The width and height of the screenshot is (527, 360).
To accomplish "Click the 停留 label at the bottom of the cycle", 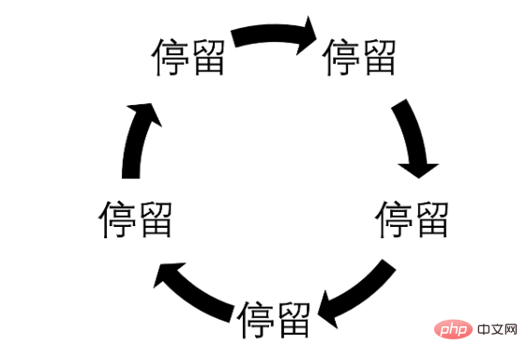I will (274, 322).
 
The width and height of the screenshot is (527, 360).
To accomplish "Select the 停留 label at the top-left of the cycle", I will (188, 58).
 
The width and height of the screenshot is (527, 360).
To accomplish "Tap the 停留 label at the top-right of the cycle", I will (359, 58).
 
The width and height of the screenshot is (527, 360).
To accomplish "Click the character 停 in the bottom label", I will (255, 322).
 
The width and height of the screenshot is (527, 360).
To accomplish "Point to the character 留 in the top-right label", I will (378, 58).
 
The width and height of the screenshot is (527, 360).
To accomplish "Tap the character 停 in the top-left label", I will (170, 58).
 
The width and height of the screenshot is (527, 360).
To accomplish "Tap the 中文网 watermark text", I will (497, 333).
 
